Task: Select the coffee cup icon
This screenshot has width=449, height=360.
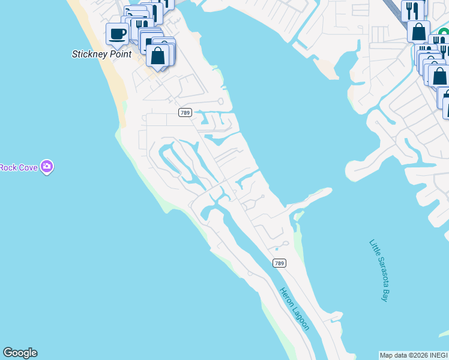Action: (117, 33)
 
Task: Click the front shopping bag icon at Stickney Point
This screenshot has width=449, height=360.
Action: (158, 56)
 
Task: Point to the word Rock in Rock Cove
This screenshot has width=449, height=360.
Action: (9, 167)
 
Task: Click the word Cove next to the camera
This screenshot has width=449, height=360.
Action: (29, 167)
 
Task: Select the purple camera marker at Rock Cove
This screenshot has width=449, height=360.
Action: (47, 167)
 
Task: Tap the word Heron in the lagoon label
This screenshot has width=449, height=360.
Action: (286, 298)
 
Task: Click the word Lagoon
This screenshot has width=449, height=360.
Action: (302, 319)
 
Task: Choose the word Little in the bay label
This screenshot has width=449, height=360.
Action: (375, 248)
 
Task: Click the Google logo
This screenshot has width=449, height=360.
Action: (20, 353)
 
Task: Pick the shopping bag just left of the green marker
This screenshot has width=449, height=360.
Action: (418, 31)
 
